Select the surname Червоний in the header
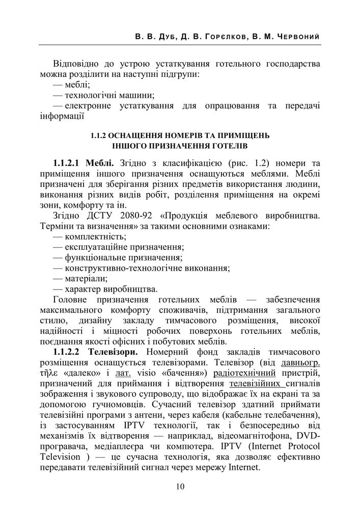pyautogui.click(x=296, y=38)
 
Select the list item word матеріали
pyautogui.click(x=86, y=278)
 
